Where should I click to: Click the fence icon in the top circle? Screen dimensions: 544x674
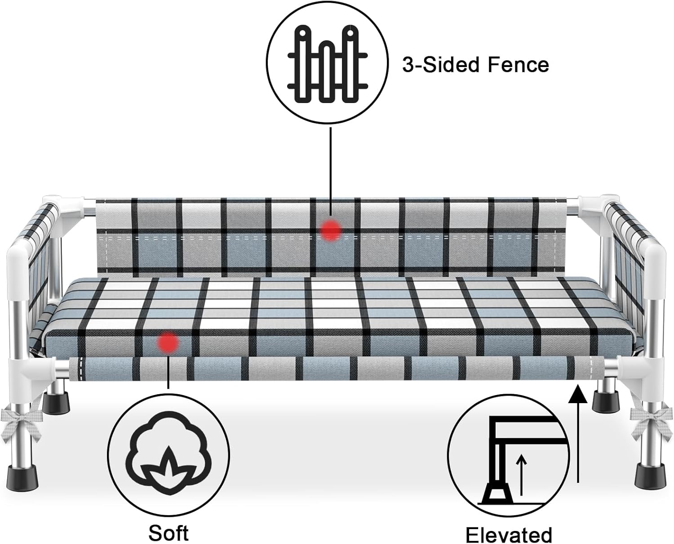tap(327, 65)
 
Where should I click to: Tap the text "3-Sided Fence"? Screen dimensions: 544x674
tap(475, 65)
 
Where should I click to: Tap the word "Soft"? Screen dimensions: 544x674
tap(168, 533)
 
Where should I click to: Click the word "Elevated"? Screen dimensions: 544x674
tap(509, 535)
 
